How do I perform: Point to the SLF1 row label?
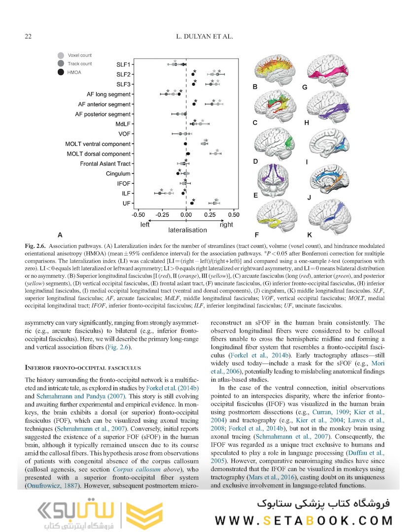pyautogui.click(x=124, y=65)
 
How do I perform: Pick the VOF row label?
pyautogui.click(x=124, y=134)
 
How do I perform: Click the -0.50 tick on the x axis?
pyautogui.click(x=139, y=215)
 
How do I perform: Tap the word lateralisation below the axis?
pyautogui.click(x=188, y=230)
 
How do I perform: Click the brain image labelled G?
pyautogui.click(x=329, y=68)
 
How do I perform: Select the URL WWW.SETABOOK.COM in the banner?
pyautogui.click(x=304, y=520)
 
